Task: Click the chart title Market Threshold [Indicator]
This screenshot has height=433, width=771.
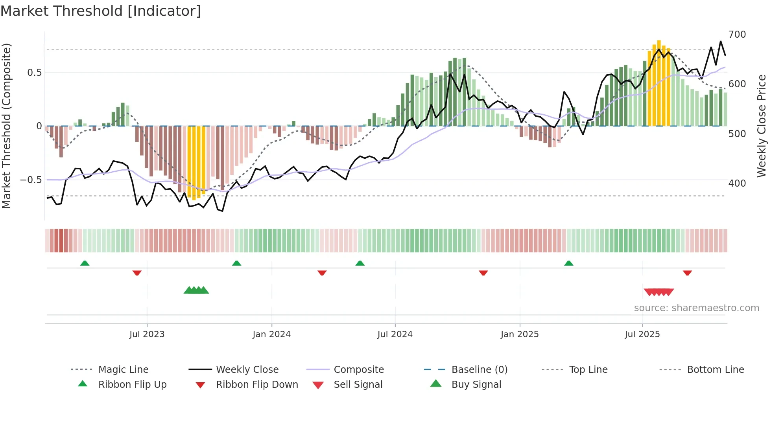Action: (x=101, y=11)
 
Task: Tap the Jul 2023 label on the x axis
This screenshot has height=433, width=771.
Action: (x=147, y=334)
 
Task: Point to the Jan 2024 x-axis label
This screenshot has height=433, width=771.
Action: (x=271, y=334)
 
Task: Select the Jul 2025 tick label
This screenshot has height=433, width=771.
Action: (x=642, y=334)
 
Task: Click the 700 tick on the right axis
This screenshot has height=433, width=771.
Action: (x=737, y=35)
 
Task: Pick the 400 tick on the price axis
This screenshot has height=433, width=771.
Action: (x=737, y=183)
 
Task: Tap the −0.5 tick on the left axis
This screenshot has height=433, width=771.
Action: (x=31, y=180)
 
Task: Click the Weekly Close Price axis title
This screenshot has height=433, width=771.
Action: (x=762, y=126)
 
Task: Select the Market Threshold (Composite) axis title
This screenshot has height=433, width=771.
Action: (x=6, y=126)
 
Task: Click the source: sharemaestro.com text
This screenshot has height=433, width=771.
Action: (x=696, y=308)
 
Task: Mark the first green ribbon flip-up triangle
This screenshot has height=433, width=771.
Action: (x=85, y=263)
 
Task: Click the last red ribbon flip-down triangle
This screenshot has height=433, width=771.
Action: (x=687, y=273)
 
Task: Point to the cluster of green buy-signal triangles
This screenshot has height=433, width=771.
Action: (x=196, y=290)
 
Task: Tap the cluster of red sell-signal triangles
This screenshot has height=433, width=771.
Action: (x=659, y=292)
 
